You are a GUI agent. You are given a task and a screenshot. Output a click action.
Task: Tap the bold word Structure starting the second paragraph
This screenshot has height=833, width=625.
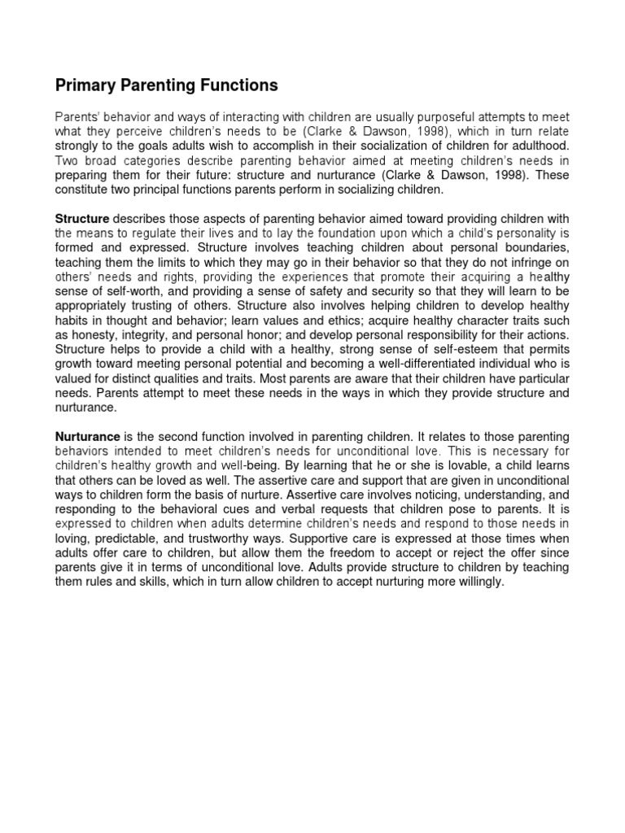coord(81,219)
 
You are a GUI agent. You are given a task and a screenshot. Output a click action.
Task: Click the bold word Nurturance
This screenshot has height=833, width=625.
coord(87,437)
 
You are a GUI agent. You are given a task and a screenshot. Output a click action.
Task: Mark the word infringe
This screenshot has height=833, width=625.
coord(521,262)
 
